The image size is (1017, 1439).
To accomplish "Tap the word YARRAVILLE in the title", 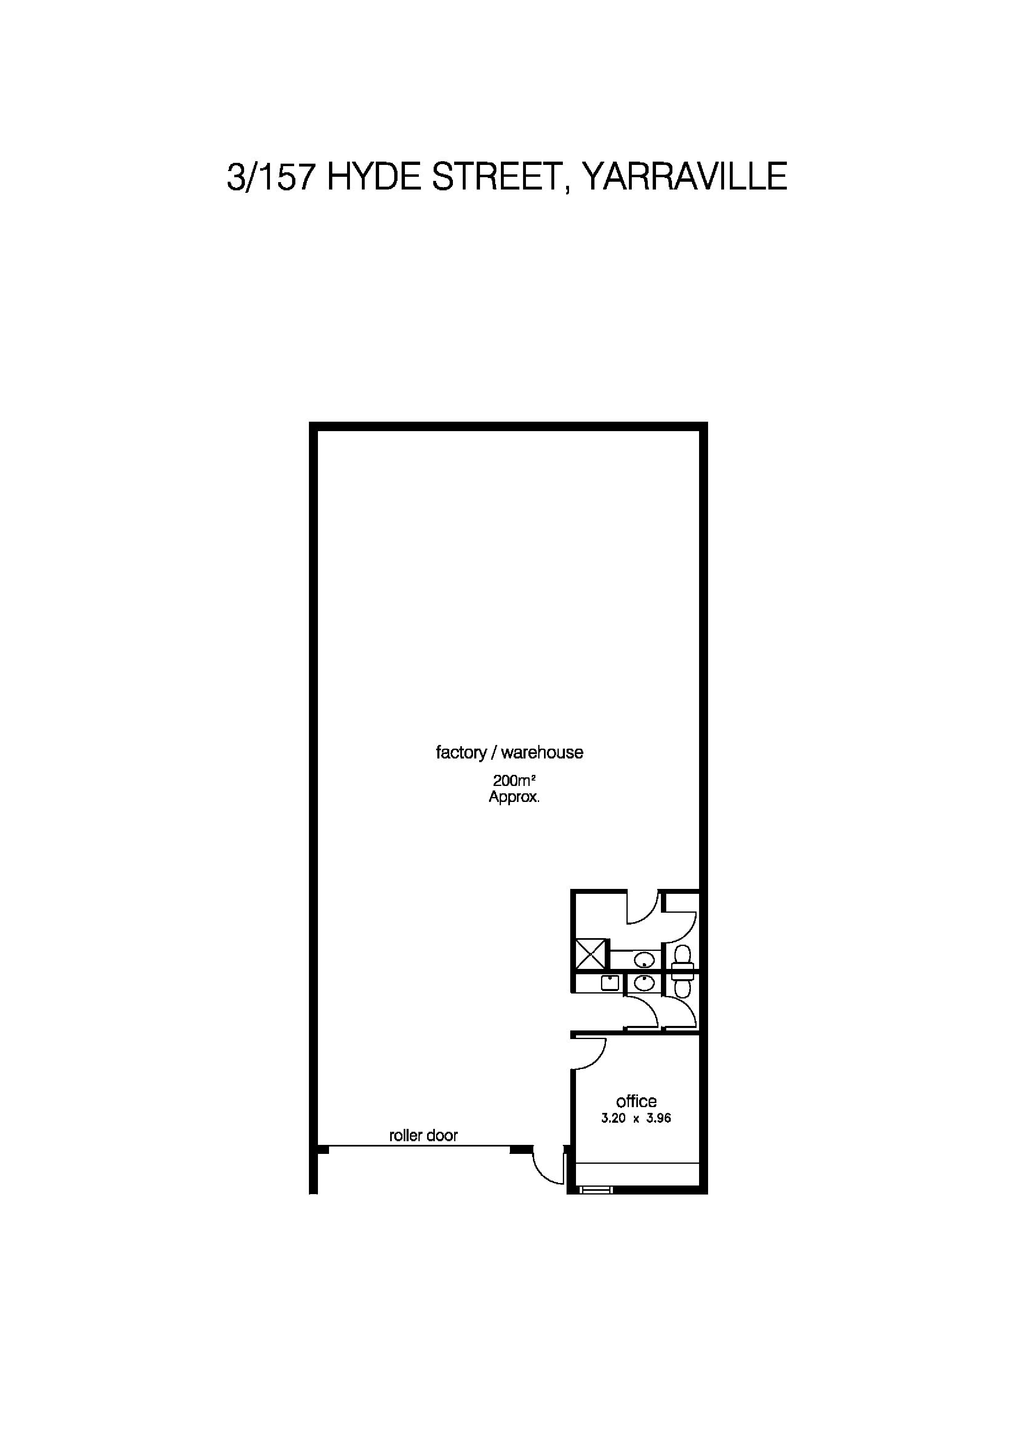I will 684,177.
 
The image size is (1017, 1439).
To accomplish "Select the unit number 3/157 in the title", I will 270,177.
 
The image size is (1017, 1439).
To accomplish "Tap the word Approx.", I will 514,798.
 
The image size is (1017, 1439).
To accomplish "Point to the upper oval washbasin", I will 644,959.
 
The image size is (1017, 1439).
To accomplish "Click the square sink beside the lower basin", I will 610,982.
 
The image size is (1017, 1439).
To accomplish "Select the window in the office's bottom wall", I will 594,1188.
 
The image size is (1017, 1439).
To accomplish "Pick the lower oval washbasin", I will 644,982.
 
